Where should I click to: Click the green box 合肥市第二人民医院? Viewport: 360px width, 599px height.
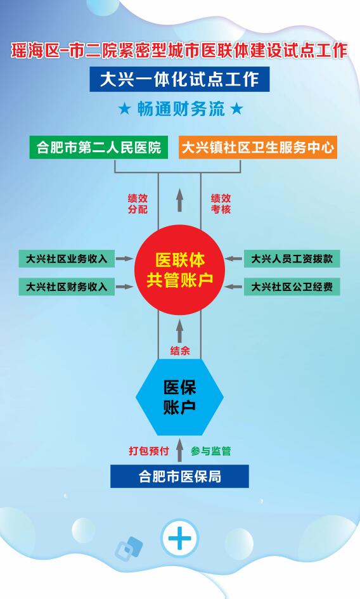tap(99, 147)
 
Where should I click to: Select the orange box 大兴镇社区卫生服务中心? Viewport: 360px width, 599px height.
tap(257, 147)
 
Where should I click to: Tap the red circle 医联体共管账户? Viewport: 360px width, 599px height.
tap(179, 270)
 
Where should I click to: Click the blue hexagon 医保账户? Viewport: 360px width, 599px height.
tap(179, 397)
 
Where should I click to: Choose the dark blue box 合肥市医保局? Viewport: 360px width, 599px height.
tap(179, 477)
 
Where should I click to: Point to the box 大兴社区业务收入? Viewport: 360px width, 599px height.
tap(67, 259)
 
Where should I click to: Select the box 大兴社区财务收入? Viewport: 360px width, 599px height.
tap(67, 287)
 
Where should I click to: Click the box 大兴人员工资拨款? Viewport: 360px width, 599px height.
tap(292, 259)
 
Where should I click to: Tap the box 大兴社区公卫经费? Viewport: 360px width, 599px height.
tap(292, 287)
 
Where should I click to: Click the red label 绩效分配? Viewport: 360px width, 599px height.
tap(138, 203)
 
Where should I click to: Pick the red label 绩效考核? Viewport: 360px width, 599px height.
tap(221, 203)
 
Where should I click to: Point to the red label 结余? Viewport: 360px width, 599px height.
tap(179, 351)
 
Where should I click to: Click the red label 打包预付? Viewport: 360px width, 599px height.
tap(149, 451)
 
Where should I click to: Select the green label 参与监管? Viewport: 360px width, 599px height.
tap(211, 451)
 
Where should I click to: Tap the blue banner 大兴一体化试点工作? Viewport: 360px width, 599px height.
tap(179, 79)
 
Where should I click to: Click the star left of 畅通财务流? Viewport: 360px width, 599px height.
tap(124, 109)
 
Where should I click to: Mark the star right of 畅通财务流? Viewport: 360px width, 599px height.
tap(236, 109)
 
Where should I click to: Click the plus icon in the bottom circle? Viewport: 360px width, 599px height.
tap(179, 538)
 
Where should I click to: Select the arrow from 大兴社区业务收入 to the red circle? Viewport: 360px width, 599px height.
tap(124, 259)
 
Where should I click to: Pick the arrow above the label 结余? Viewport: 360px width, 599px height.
tap(179, 331)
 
